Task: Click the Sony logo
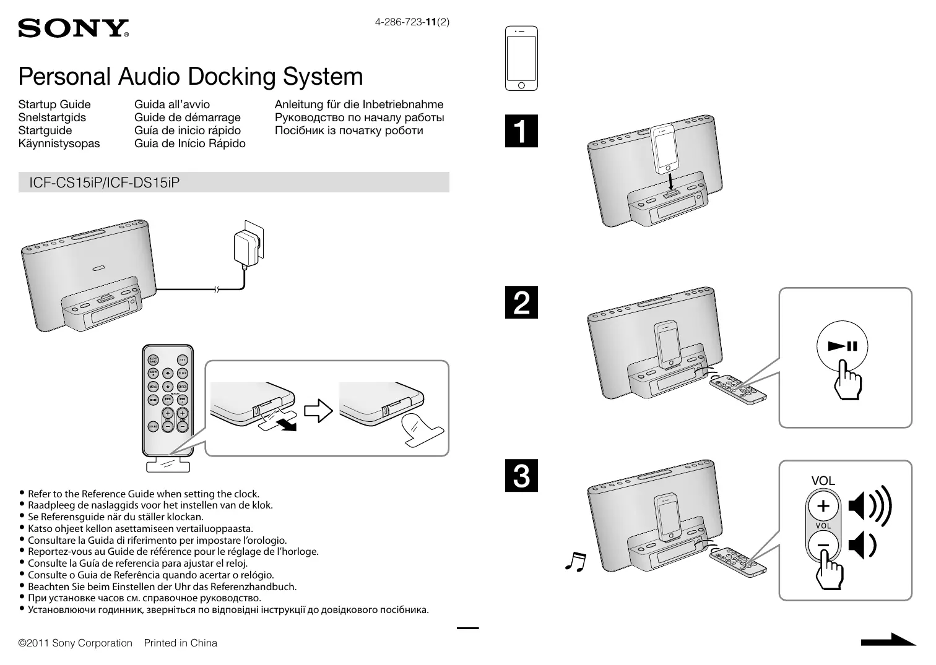pyautogui.click(x=73, y=28)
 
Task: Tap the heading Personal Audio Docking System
pyautogui.click(x=191, y=77)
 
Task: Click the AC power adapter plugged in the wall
pyautogui.click(x=247, y=248)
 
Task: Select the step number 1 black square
pyautogui.click(x=521, y=131)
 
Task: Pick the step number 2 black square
pyautogui.click(x=521, y=302)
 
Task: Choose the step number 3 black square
pyautogui.click(x=521, y=475)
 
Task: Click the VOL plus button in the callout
pyautogui.click(x=823, y=506)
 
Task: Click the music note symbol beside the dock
pyautogui.click(x=575, y=560)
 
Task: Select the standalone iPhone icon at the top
pyautogui.click(x=521, y=58)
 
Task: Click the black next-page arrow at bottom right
pyautogui.click(x=888, y=640)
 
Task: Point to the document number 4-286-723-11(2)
pyautogui.click(x=412, y=22)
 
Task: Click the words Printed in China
pyautogui.click(x=181, y=643)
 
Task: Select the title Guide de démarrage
pyautogui.click(x=187, y=118)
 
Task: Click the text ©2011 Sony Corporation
pyautogui.click(x=76, y=643)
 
